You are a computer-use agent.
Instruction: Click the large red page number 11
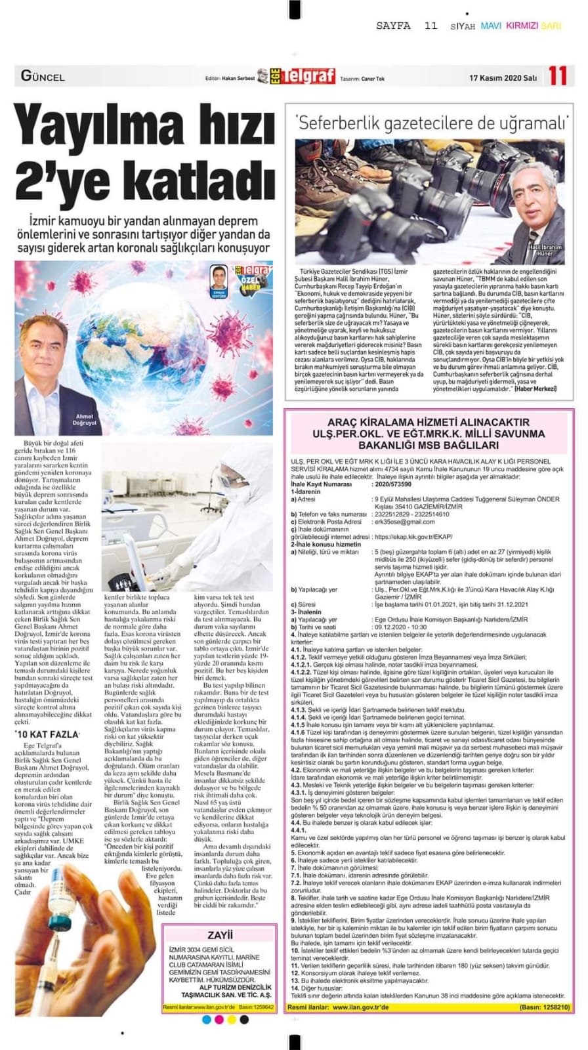(557, 76)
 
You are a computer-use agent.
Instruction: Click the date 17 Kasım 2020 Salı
(503, 78)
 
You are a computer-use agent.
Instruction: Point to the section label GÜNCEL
(43, 76)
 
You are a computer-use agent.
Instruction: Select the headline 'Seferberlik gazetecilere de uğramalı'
(432, 123)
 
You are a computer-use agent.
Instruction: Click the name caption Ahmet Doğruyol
(85, 420)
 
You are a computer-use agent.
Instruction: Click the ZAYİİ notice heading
(220, 934)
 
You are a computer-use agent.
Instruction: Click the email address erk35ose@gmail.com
(404, 522)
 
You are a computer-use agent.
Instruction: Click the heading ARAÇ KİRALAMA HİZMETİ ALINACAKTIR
(428, 423)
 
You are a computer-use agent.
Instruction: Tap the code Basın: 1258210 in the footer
(544, 1007)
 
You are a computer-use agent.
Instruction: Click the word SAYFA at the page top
(393, 26)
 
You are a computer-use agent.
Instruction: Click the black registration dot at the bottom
(244, 1019)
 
